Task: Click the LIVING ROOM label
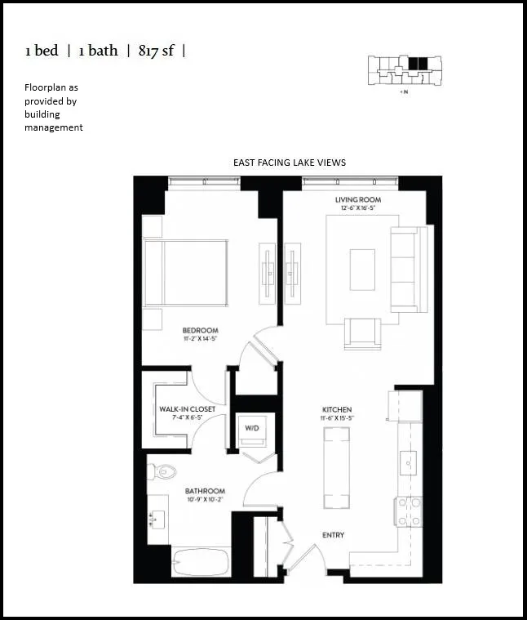coord(358,200)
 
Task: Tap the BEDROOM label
coord(200,331)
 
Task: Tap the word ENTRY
coord(333,535)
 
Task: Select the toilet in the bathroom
coord(164,471)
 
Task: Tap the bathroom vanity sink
coord(157,519)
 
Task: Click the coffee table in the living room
coord(362,270)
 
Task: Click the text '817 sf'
coord(155,51)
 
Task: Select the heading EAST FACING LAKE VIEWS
coord(289,163)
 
